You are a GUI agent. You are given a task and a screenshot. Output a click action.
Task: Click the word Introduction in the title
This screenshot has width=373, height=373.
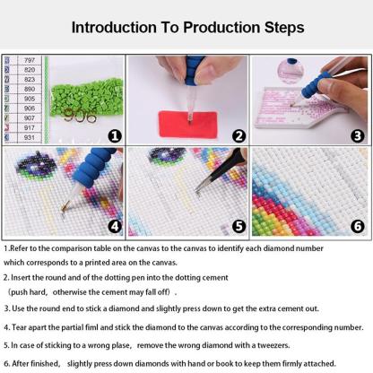pos(114,28)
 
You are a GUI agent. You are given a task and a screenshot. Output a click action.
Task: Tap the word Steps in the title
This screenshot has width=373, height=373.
pos(284,28)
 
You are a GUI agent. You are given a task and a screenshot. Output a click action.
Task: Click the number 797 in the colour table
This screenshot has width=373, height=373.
pos(30,60)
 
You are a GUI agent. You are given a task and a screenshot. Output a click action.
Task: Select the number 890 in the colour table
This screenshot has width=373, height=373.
pos(30,89)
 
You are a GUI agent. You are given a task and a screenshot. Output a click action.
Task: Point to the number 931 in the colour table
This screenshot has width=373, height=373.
pos(30,137)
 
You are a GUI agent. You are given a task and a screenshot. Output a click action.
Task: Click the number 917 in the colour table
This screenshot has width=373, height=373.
pos(30,128)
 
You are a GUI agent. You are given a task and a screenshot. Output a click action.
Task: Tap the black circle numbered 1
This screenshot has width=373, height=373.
pos(115,136)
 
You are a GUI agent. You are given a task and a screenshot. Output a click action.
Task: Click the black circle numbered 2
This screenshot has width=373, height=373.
pos(239,136)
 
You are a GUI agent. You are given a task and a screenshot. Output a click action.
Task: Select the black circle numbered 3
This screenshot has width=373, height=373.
pos(358,136)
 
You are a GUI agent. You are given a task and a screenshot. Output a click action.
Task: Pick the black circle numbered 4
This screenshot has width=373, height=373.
pos(115,227)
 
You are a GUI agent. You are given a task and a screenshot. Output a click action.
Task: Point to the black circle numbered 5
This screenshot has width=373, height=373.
pos(239,227)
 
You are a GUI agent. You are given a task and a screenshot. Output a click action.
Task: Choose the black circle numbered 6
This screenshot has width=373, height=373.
pos(358,227)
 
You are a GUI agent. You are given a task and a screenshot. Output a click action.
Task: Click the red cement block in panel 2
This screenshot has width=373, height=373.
pos(188,124)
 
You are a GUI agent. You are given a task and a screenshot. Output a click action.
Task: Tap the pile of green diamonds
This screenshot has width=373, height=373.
pos(87,97)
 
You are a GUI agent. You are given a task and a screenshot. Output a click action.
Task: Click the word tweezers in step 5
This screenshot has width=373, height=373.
pos(273,345)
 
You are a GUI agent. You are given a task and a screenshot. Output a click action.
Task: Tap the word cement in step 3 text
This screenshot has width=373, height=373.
pos(290,308)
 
